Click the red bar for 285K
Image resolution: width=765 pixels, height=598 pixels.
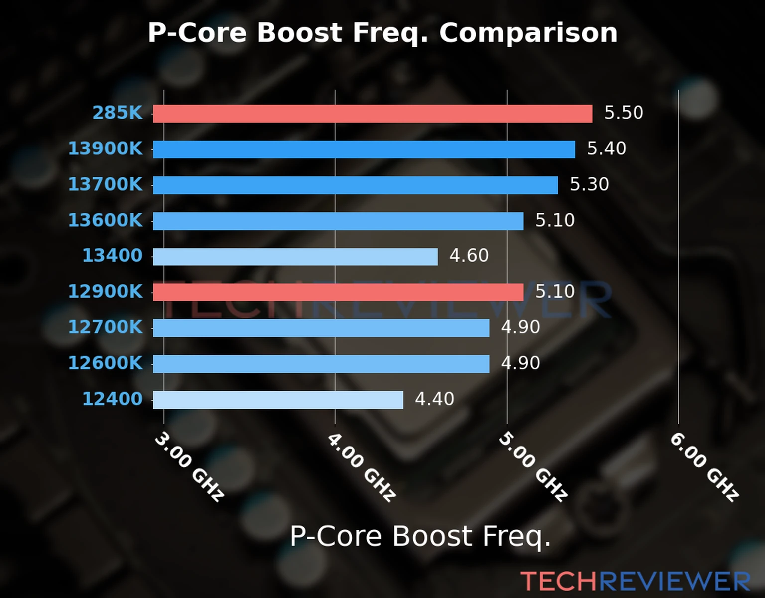(373, 113)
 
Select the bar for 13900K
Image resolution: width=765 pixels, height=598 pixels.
(364, 149)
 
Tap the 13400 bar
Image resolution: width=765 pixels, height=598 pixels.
(295, 257)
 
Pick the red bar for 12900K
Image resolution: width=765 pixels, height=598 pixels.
(338, 292)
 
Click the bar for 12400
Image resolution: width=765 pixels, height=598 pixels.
(278, 400)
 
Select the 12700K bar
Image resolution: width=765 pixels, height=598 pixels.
(321, 328)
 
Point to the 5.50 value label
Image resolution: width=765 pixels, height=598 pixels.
(624, 113)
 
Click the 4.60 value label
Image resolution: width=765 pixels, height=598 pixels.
(469, 256)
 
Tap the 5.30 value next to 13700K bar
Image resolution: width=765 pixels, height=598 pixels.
(589, 184)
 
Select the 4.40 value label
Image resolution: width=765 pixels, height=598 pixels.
(434, 399)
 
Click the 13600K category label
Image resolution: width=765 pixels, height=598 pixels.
(105, 220)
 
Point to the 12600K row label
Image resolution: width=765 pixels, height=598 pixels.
(105, 363)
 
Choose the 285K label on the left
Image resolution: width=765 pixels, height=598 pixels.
(118, 113)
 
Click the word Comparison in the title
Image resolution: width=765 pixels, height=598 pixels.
(528, 33)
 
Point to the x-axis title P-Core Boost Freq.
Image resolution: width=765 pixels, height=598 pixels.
(420, 537)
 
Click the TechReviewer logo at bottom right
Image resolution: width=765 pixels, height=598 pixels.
(635, 581)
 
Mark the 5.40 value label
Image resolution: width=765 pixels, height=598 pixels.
(606, 149)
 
